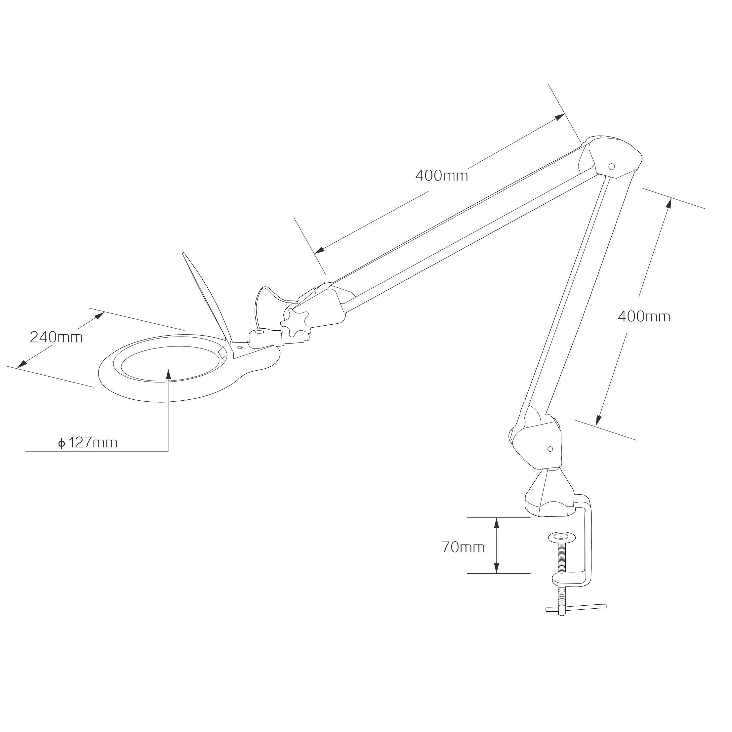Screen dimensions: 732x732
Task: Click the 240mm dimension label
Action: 56,337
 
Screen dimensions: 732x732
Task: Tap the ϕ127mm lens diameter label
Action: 88,442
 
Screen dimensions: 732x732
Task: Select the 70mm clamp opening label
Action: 463,547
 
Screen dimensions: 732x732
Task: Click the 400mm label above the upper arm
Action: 441,176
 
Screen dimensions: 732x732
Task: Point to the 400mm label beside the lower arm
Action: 644,316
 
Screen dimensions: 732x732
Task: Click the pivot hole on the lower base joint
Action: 550,449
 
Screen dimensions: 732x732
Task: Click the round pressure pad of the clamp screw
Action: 561,537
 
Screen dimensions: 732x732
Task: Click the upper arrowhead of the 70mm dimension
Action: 496,523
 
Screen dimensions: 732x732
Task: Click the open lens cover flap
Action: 207,296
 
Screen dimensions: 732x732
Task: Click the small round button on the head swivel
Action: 259,332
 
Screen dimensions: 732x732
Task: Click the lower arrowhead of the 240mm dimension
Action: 22,364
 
